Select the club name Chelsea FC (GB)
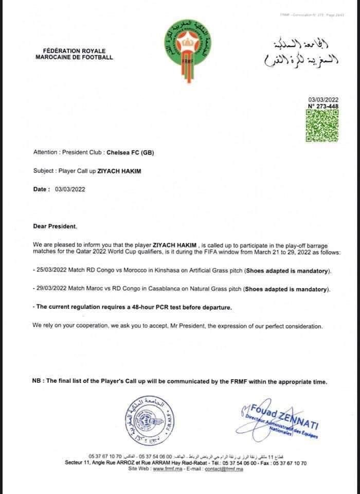pyautogui.click(x=130, y=152)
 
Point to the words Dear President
pyautogui.click(x=57, y=226)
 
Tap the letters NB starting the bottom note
pyautogui.click(x=37, y=381)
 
